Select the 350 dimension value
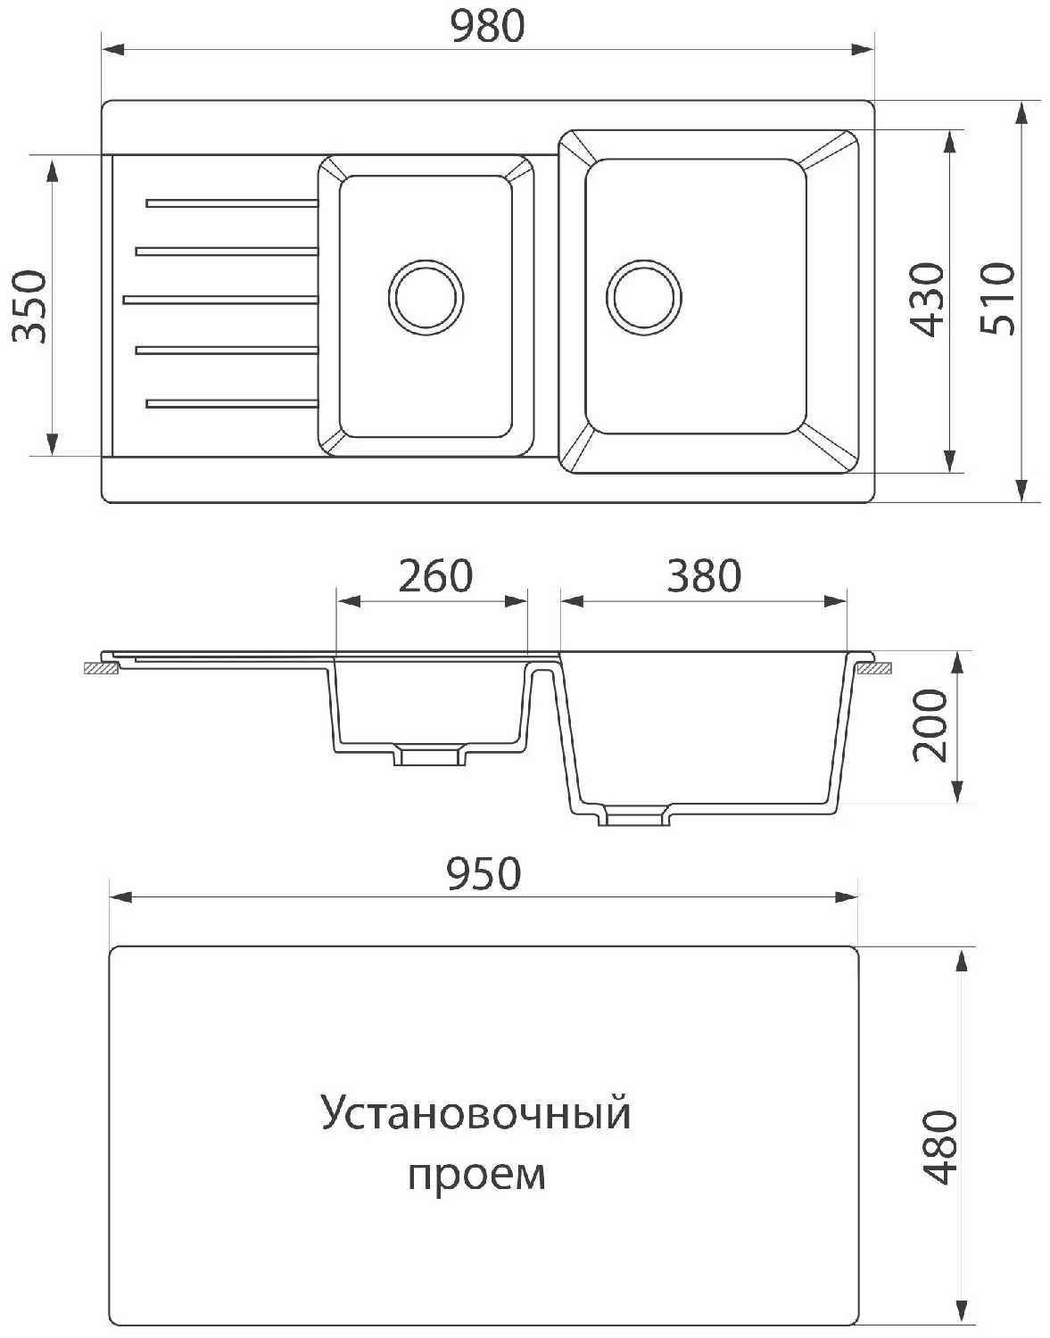point(29,306)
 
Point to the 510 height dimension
point(997,299)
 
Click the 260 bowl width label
point(435,575)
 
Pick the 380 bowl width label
point(704,575)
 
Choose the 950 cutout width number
point(484,874)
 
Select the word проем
point(477,1176)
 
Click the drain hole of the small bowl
point(426,298)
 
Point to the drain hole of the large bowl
point(644,298)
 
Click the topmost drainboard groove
point(232,203)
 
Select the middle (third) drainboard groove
point(220,300)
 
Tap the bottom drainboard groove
point(232,404)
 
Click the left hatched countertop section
point(101,669)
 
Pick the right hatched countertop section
point(874,669)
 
